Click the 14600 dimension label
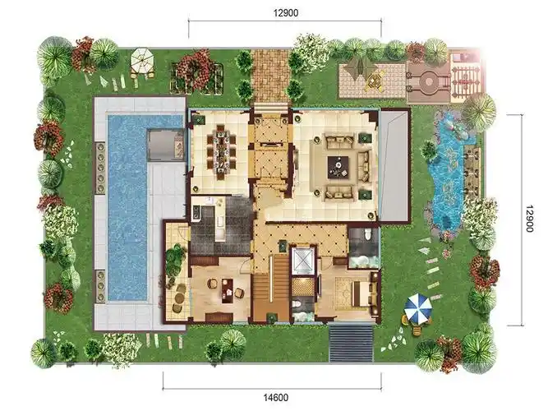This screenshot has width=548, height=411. tap(276, 397)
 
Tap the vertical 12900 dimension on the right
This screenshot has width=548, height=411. tap(529, 219)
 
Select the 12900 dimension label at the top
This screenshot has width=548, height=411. tap(286, 13)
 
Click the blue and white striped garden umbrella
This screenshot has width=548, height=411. tap(417, 307)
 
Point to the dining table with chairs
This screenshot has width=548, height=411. tap(221, 152)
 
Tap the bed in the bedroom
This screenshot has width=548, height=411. tap(361, 293)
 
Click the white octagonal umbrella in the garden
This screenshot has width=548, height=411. tap(142, 58)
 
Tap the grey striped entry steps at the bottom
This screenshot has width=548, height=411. tap(351, 343)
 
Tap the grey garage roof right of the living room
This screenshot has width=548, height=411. tap(394, 165)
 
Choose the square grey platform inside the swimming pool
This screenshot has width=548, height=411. tap(165, 145)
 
